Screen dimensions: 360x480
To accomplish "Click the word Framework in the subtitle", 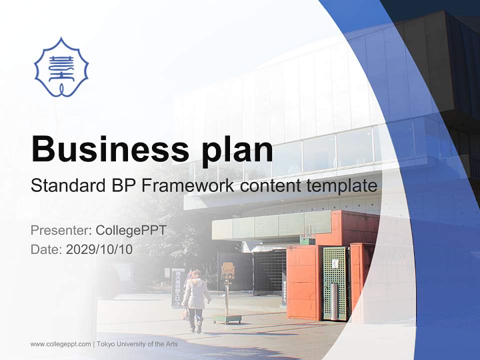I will coord(188,186).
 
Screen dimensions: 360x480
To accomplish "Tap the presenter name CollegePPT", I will coord(131,230).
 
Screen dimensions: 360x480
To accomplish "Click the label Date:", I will coord(46,249).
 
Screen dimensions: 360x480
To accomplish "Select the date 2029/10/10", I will coord(99,249).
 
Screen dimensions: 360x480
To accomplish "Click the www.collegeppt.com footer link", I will coord(60,344).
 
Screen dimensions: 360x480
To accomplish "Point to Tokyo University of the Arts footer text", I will coord(137,344).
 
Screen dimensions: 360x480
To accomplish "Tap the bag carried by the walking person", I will coord(185,313).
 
